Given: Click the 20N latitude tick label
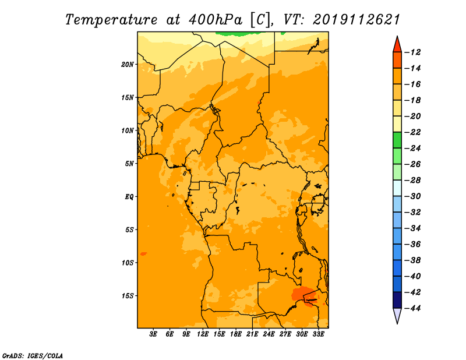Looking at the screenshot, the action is click(128, 65).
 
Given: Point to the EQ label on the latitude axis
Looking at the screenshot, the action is click(129, 197).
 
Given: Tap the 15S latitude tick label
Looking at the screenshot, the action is click(128, 296).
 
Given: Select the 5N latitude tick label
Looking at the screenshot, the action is click(129, 164).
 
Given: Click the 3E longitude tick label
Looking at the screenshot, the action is click(153, 334).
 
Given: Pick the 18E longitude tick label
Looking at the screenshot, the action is click(236, 334).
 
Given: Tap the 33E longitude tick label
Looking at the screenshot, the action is click(318, 334).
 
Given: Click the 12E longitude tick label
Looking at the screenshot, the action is click(203, 334).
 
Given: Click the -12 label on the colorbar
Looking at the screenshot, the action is click(412, 52).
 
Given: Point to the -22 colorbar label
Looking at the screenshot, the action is click(412, 133).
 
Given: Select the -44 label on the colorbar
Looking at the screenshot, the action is click(412, 309).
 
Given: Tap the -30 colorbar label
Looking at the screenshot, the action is click(412, 196).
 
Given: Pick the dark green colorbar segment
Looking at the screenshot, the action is click(397, 140).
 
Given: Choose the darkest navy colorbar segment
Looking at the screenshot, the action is click(397, 300).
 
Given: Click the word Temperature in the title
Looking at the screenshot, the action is click(111, 20).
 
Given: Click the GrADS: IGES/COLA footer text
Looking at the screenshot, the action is click(33, 356).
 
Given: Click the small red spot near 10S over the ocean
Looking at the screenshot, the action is click(143, 254).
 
